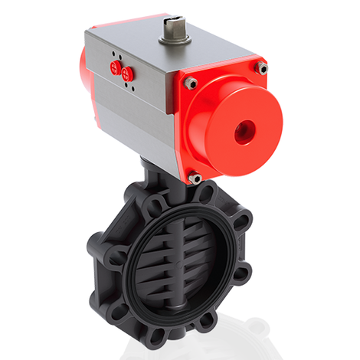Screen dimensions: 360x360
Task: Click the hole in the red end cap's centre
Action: tap(245, 131)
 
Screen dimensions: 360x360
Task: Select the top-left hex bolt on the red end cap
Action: tap(191, 83)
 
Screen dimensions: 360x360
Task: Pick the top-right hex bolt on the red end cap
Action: tap(262, 69)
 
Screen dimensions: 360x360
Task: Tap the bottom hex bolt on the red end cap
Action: tap(195, 178)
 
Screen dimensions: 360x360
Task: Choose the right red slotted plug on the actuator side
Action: tap(129, 74)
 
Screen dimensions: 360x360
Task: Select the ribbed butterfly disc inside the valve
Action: tap(184, 253)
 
